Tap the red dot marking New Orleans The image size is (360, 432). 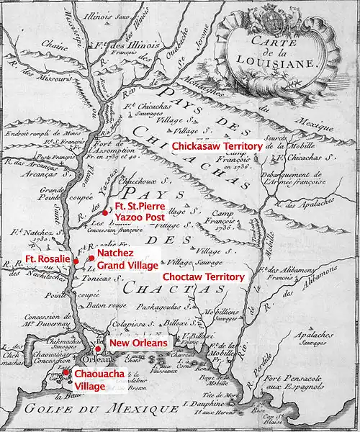click(x=98, y=348)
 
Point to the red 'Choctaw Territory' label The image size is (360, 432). click(x=204, y=276)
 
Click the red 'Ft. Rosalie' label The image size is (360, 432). click(x=48, y=258)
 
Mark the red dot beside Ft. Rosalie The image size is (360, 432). click(x=76, y=261)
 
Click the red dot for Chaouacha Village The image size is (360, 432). click(x=66, y=373)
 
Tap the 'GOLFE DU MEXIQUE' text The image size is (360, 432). click(x=79, y=412)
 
